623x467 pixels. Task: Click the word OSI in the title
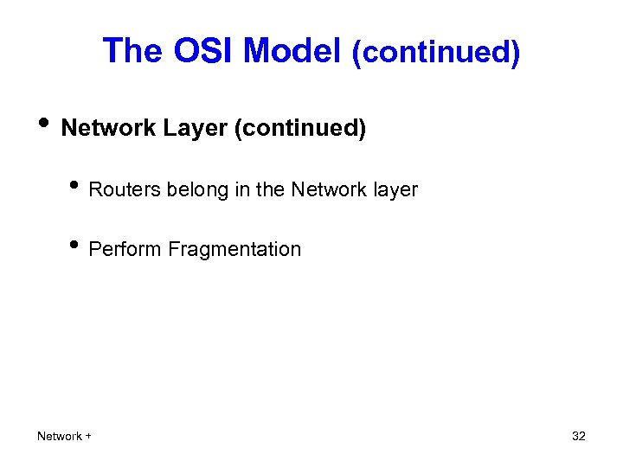click(204, 52)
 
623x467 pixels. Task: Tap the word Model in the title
click(292, 52)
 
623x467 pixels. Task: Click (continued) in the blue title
click(435, 53)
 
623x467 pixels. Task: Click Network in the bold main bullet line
click(109, 129)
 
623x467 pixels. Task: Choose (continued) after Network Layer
click(299, 129)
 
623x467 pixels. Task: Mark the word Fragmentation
click(235, 250)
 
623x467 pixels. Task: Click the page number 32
click(579, 436)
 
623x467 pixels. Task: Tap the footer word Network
click(60, 436)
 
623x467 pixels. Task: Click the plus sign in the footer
click(88, 436)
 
